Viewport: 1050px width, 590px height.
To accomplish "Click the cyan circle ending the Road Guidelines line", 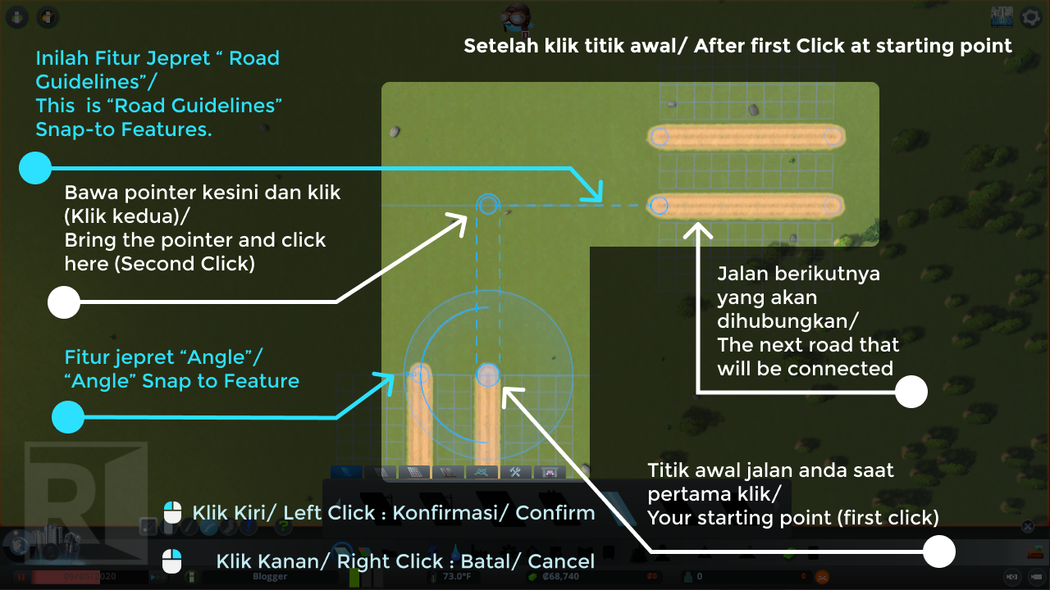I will [35, 168].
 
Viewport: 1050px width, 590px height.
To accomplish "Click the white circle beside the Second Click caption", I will [64, 302].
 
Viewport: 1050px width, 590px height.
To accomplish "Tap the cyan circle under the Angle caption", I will [68, 417].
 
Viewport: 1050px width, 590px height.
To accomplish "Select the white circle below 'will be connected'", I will [911, 392].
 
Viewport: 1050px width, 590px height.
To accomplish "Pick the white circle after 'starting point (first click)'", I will [939, 551].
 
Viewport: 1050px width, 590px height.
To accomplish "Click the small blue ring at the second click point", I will [488, 204].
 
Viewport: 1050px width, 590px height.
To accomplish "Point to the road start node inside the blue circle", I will [488, 375].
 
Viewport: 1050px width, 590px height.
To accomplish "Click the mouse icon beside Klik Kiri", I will [172, 513].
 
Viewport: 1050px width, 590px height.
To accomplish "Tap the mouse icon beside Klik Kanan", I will [172, 561].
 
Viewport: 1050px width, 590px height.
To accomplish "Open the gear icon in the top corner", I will [1031, 17].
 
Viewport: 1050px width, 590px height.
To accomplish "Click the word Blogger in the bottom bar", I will [270, 577].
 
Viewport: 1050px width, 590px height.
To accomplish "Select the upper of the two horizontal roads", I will [746, 137].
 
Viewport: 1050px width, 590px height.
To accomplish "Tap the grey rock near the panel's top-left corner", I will [395, 131].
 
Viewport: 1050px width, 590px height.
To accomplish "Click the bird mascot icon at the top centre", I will [518, 16].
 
